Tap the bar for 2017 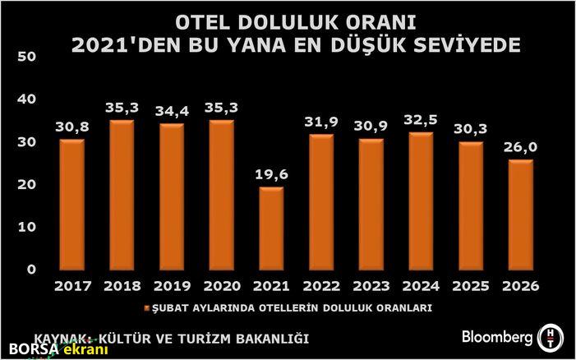tap(71, 205)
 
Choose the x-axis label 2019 tap(172, 287)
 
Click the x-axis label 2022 tap(322, 287)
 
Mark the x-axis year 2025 tap(471, 287)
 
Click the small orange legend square tap(147, 308)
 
